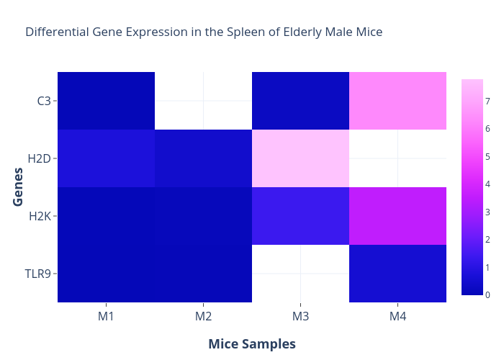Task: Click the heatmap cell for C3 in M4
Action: point(397,101)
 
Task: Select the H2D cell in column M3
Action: point(300,158)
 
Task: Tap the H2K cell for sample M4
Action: point(397,216)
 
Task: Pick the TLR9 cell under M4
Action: point(397,274)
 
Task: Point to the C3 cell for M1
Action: point(106,101)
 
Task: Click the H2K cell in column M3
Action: point(300,216)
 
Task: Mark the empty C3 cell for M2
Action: point(204,101)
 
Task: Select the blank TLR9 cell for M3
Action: point(300,274)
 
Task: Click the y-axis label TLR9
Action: point(38,274)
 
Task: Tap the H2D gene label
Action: point(39,159)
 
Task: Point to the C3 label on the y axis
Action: point(44,102)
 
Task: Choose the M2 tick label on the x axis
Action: point(204,316)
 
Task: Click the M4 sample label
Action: point(397,316)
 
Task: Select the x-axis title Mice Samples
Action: point(252,344)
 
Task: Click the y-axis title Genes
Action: point(18,187)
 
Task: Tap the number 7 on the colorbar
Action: point(487,102)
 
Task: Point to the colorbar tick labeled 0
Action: point(487,294)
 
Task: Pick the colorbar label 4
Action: point(487,184)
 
